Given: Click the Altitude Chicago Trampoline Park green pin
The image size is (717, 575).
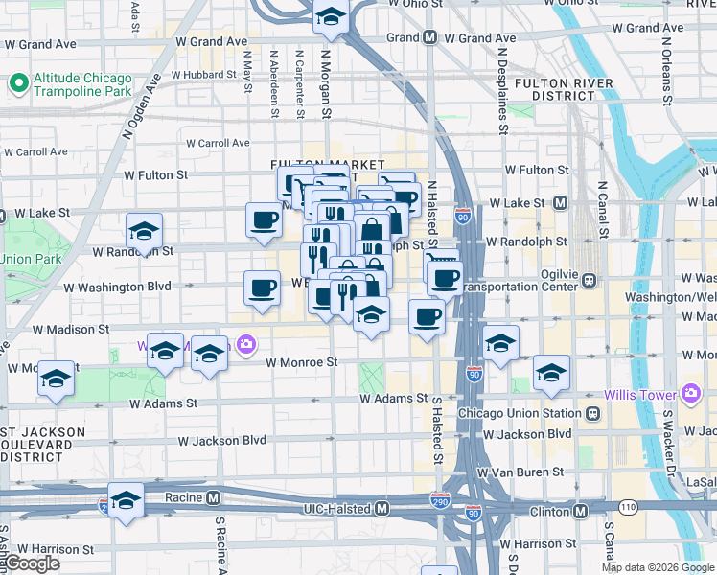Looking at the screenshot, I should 18,84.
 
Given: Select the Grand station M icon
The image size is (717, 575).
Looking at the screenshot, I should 430,38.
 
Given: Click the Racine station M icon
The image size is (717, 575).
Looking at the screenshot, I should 214,498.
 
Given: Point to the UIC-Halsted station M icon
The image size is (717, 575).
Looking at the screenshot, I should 382,507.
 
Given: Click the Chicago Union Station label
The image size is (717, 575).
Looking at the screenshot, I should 520,413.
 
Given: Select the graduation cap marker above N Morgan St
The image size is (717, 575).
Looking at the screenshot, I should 331,18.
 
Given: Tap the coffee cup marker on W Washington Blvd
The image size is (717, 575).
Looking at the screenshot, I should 261,288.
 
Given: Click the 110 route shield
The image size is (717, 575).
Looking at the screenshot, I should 628,505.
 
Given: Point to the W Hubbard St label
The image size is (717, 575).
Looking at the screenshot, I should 204,74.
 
